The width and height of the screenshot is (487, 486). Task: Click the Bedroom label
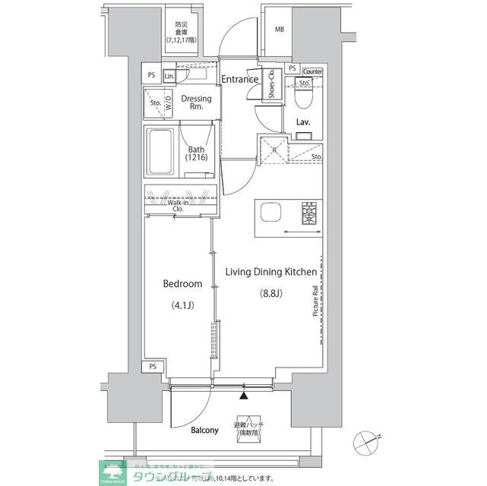point(182,284)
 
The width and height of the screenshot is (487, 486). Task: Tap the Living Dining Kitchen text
point(269,271)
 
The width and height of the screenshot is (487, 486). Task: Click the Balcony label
point(204,430)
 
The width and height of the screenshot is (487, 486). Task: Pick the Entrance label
point(239,79)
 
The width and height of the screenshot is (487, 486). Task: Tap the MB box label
point(279,30)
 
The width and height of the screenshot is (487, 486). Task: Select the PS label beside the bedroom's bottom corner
point(153,368)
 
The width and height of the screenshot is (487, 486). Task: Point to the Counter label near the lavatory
point(312,72)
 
